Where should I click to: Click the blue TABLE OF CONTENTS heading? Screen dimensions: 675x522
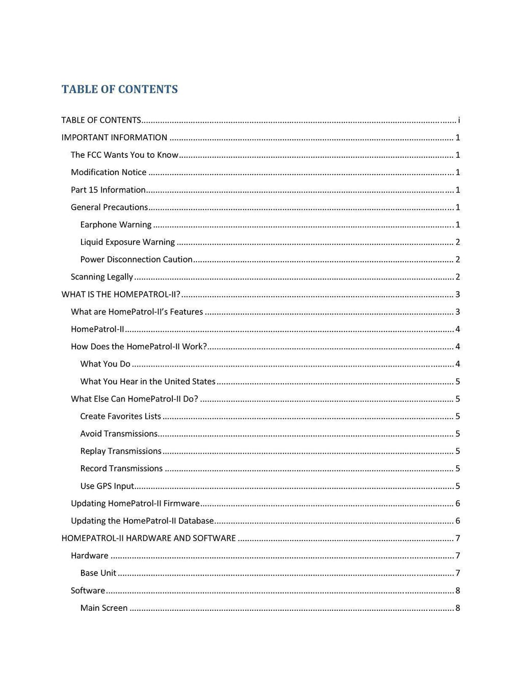click(120, 90)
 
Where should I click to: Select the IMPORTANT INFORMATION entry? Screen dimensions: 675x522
click(114, 137)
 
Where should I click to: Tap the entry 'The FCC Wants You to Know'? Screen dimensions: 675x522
click(124, 155)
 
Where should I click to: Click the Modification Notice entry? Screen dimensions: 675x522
click(109, 172)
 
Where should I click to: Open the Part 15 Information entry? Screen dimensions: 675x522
click(108, 190)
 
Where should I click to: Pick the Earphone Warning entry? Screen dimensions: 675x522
click(116, 224)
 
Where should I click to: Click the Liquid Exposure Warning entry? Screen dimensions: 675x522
click(127, 242)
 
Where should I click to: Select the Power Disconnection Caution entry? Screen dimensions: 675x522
click(136, 259)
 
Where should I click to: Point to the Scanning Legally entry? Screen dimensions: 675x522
click(102, 277)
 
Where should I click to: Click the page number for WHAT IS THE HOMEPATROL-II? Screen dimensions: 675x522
click(458, 294)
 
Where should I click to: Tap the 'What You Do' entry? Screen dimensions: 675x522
click(105, 364)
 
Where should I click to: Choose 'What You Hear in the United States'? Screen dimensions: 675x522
click(148, 381)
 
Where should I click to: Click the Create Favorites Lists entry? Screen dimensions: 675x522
click(120, 416)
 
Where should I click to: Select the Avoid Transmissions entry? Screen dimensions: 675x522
click(119, 434)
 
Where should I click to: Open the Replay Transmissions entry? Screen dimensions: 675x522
click(121, 451)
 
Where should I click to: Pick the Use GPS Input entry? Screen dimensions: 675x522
click(107, 486)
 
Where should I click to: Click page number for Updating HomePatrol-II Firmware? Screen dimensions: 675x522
click(458, 503)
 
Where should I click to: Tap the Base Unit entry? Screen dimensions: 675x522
click(98, 573)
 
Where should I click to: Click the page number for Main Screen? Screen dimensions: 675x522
click(458, 608)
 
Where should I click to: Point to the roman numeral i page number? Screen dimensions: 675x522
click(459, 120)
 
